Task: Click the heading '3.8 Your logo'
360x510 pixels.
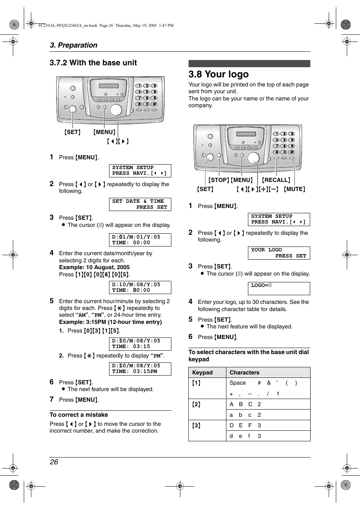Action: [218, 74]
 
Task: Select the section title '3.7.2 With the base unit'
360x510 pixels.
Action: [93, 63]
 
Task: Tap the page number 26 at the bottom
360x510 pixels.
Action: [54, 462]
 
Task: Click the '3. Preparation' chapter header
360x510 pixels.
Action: [74, 45]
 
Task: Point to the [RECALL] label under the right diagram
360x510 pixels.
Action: [276, 180]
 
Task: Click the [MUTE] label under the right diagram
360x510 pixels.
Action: [294, 189]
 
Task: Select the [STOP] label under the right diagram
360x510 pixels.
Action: [219, 180]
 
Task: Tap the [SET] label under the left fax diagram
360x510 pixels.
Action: [72, 132]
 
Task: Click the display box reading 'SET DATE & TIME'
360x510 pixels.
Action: [140, 204]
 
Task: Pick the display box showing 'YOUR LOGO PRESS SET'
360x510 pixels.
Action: [279, 253]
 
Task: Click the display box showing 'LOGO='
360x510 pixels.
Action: [279, 288]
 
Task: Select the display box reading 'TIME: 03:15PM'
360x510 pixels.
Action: [140, 369]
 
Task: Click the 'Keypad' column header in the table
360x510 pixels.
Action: [203, 373]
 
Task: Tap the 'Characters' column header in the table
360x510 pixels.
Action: [245, 373]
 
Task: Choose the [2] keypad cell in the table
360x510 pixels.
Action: [197, 404]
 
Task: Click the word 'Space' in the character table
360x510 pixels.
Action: [238, 383]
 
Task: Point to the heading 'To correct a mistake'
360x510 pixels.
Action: [79, 415]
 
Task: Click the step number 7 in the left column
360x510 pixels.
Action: [52, 399]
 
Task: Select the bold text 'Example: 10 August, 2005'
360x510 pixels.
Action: [94, 267]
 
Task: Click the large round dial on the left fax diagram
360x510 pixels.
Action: [116, 110]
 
